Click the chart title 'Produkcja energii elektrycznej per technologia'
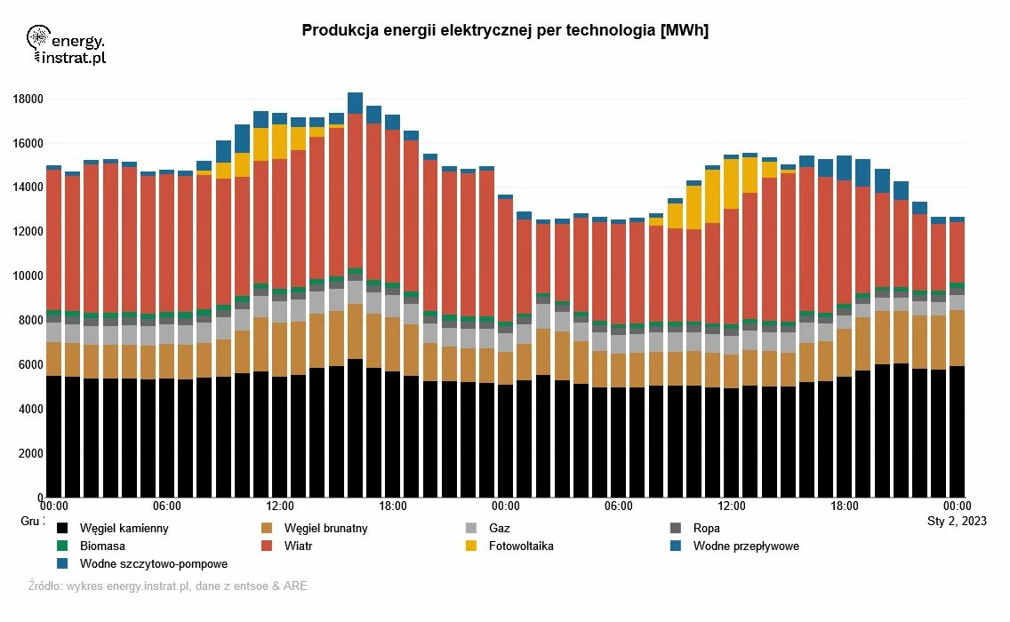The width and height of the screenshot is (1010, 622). coord(505,30)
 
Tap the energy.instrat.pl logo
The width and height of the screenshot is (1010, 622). coord(67,45)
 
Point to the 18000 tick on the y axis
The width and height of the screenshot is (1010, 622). coord(28,99)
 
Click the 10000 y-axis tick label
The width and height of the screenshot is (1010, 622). coord(28,276)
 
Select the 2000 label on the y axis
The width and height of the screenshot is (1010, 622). coord(30,453)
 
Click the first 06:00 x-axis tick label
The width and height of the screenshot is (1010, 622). coord(167,506)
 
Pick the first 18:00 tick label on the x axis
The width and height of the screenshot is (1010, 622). coord(393,506)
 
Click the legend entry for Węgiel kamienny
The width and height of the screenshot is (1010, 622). coord(124,529)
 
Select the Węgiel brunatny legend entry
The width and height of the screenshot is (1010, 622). coord(325,529)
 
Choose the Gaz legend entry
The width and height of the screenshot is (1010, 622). coord(500,529)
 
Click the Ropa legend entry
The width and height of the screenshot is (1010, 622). coord(706,529)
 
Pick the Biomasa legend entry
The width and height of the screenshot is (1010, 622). coord(102,546)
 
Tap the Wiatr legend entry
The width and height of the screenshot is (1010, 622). coord(298,546)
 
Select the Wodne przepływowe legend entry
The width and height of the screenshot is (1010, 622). coord(746,546)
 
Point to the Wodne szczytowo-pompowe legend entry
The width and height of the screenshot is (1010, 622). coord(153,564)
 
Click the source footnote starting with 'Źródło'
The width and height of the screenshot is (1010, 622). coord(168,586)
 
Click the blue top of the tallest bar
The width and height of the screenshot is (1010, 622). coord(355,102)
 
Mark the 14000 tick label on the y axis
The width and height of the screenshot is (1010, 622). coord(28,187)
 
